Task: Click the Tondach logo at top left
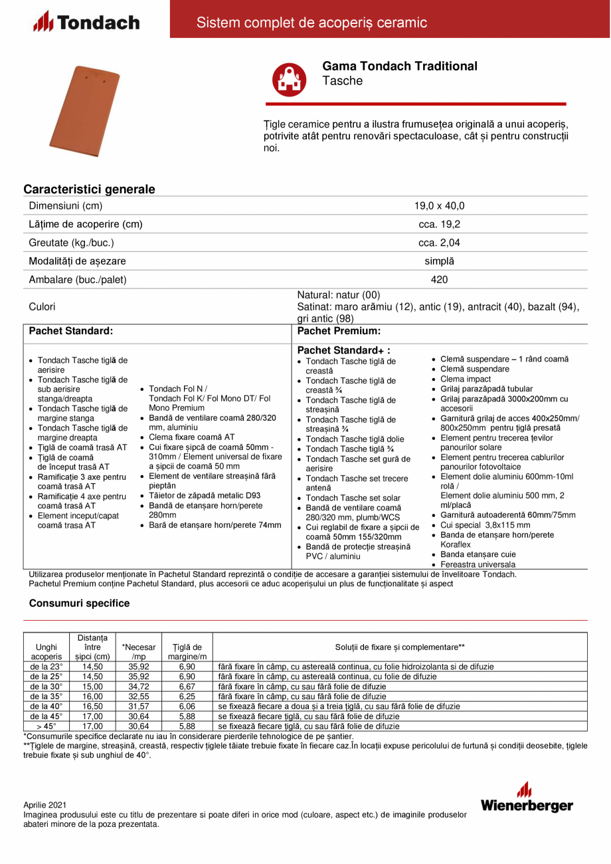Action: (x=86, y=23)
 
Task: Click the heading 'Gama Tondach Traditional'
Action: (x=399, y=66)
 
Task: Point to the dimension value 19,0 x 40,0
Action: (x=439, y=205)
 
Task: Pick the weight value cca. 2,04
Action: (x=439, y=243)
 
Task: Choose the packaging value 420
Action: (x=439, y=280)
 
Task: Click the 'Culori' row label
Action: (x=43, y=306)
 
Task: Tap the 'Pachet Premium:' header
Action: (x=339, y=330)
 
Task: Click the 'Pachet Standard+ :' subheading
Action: (x=343, y=350)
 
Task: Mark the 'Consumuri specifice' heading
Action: (x=79, y=603)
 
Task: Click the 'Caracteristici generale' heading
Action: (x=89, y=189)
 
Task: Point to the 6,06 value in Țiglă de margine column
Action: (x=187, y=706)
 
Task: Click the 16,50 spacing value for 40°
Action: (x=92, y=706)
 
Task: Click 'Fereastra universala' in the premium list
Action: (x=478, y=564)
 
